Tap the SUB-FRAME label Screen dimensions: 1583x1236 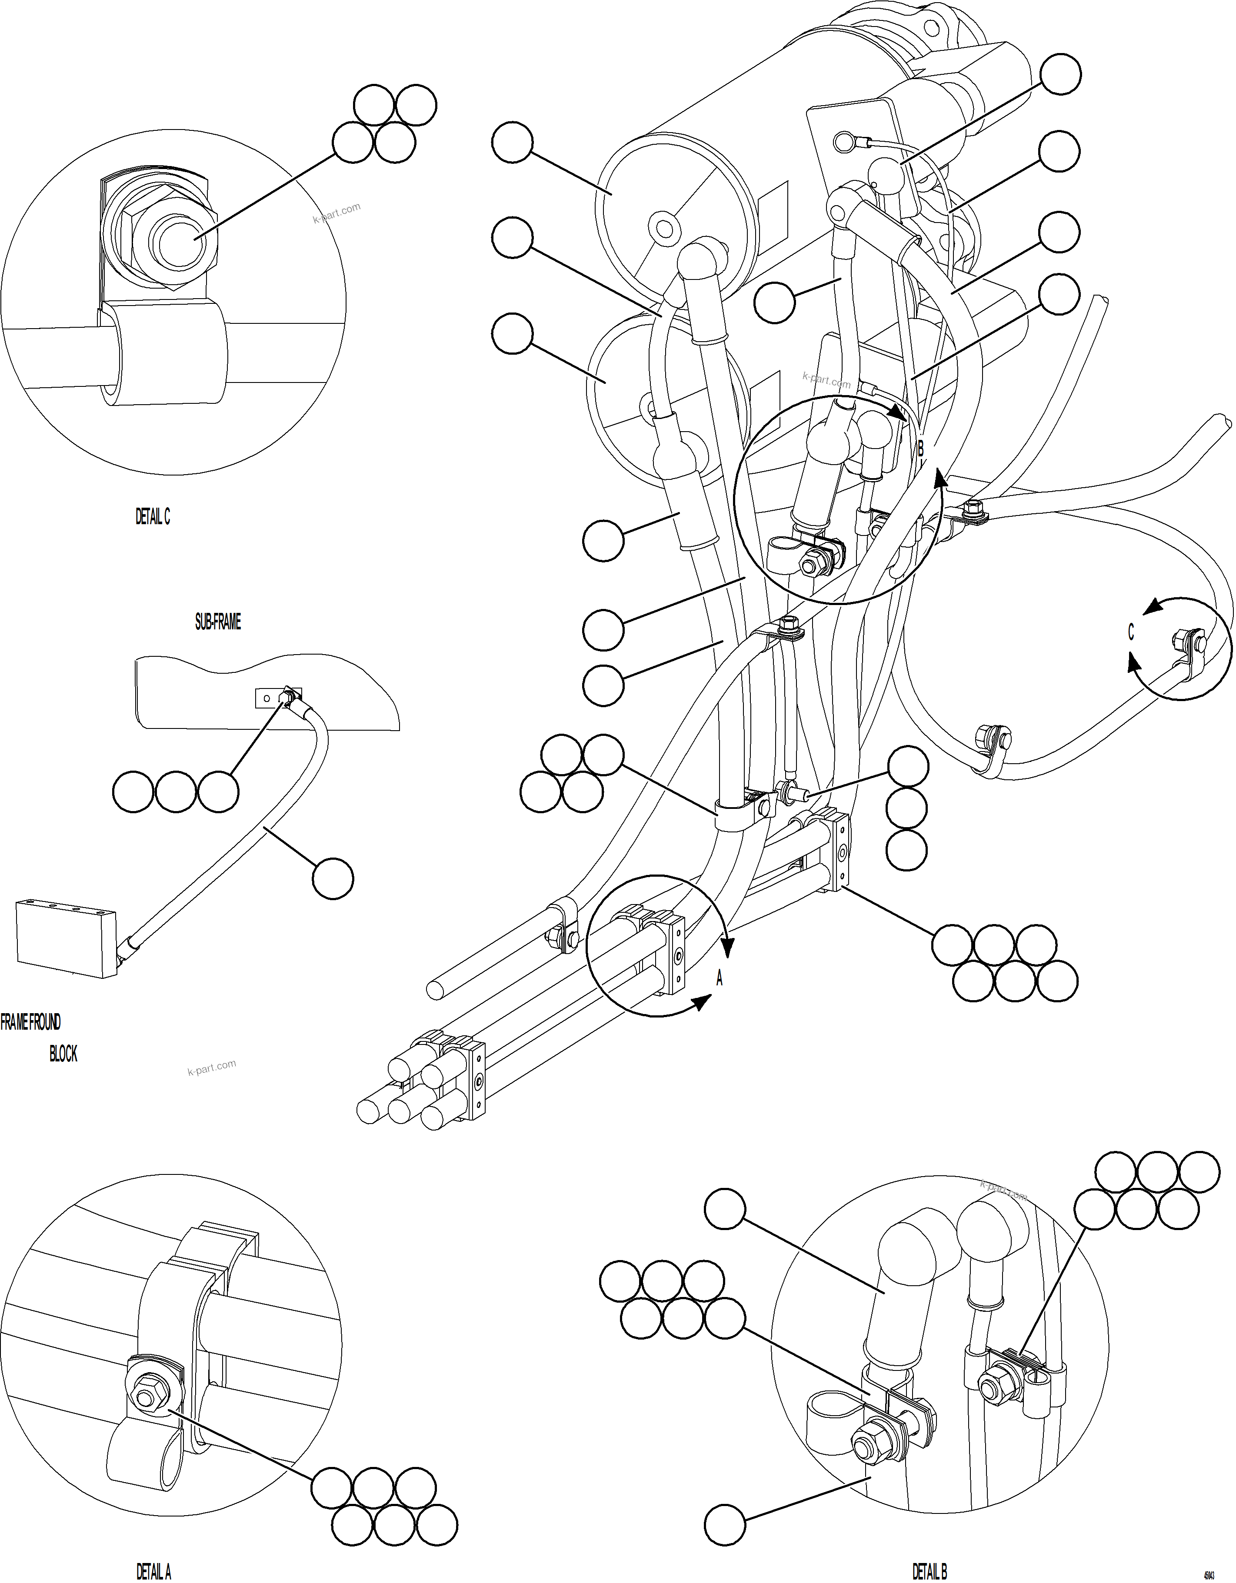coord(217,622)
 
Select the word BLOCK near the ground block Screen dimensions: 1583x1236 coord(63,1054)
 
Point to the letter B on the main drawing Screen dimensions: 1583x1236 coord(921,449)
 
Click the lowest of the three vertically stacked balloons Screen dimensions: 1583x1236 coord(906,850)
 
